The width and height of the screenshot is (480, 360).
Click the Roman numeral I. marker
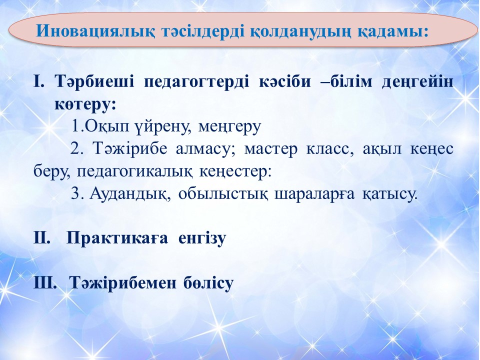pos(39,82)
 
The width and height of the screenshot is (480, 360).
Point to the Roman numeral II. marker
pos(42,238)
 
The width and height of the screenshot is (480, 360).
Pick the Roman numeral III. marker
pos(45,282)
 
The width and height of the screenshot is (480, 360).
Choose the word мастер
pos(271,149)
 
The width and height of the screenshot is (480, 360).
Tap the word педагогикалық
pos(134,172)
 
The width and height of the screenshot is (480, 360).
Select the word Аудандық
pos(130,194)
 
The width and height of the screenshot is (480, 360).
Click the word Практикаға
pos(117,238)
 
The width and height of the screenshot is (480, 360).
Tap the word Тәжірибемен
pos(123,283)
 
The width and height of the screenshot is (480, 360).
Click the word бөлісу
pos(209,283)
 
